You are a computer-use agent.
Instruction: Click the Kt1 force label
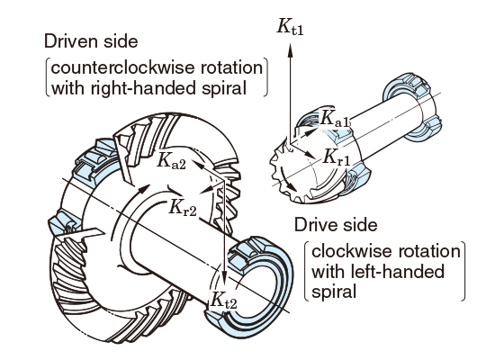click(290, 26)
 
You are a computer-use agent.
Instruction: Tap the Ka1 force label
click(335, 119)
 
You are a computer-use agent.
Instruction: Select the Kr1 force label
click(337, 157)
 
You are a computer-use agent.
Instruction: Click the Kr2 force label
click(183, 208)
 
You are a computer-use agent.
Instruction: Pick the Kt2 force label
click(224, 300)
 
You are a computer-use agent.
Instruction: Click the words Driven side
click(91, 41)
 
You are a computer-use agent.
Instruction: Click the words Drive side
click(336, 225)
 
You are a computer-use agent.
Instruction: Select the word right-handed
click(144, 88)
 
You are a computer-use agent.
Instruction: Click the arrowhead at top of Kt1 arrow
click(290, 50)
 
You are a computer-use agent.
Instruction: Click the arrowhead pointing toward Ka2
click(197, 165)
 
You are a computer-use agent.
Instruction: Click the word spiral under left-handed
click(334, 292)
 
